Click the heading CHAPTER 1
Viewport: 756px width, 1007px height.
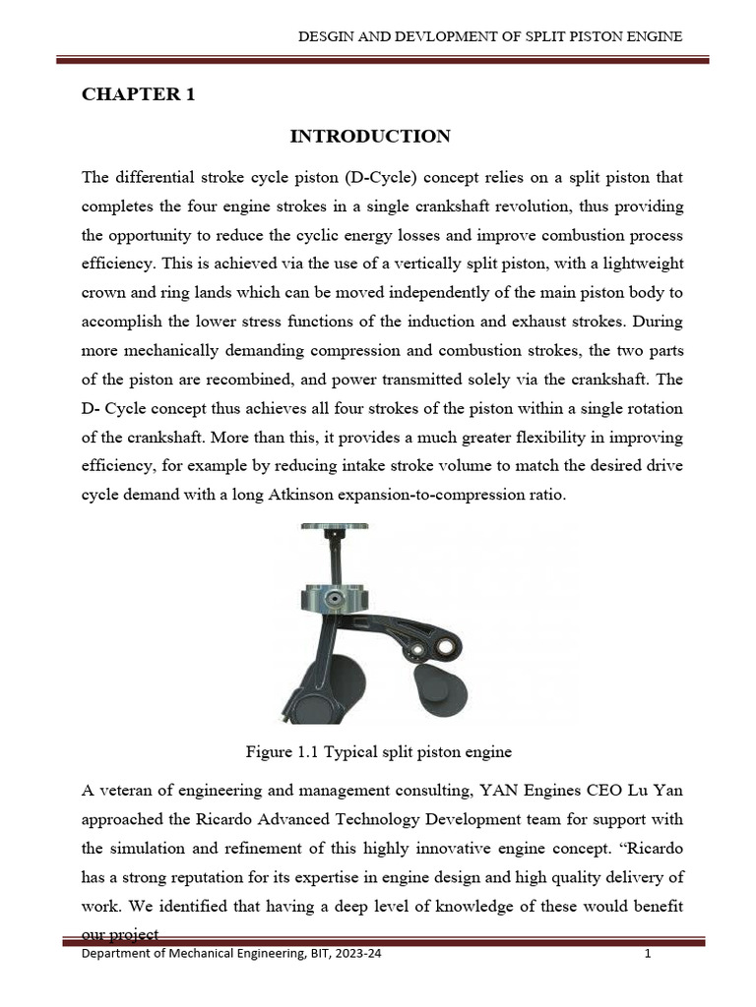click(138, 95)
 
